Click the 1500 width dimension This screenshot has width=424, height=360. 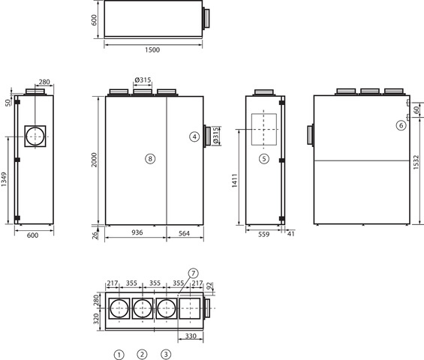(152, 49)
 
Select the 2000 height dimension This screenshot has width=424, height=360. (94, 160)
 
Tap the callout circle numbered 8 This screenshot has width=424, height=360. (150, 159)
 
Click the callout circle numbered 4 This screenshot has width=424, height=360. (194, 136)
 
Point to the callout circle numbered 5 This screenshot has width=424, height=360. (264, 159)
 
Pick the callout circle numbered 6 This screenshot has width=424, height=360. (401, 125)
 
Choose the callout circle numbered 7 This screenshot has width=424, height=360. (193, 274)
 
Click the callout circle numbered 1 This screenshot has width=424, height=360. (119, 355)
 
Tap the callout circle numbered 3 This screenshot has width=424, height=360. (166, 354)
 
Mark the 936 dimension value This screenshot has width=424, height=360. (137, 232)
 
